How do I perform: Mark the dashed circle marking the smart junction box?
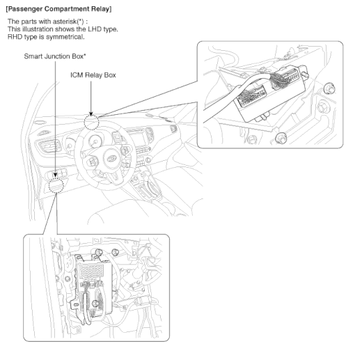[x=56, y=185]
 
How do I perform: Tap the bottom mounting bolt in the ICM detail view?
[x=280, y=138]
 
